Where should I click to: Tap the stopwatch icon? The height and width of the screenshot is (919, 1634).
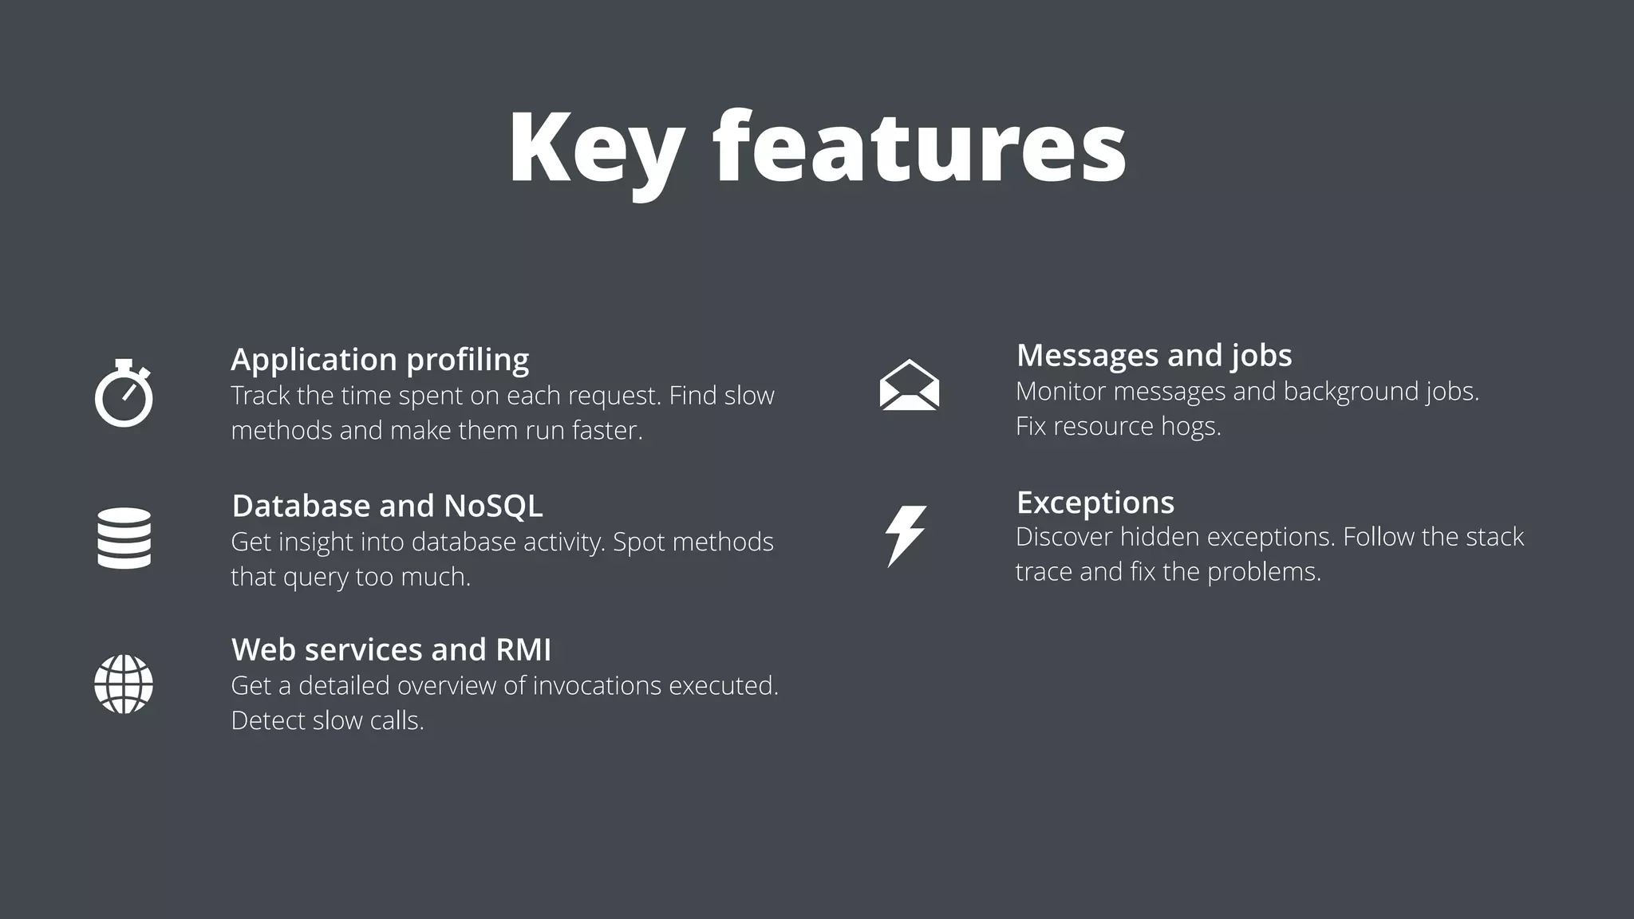point(124,394)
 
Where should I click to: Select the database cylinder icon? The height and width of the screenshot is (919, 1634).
point(124,538)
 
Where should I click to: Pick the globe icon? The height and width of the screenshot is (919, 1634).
point(124,684)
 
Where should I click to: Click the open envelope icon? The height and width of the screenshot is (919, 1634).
point(909,385)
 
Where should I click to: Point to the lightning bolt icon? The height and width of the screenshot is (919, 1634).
point(906,535)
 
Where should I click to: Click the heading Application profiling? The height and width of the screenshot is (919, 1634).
point(380,360)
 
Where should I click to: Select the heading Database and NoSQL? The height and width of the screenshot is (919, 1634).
point(387,506)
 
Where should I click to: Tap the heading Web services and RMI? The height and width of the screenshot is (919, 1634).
point(391,649)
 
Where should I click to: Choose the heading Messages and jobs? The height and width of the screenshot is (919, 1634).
point(1154,356)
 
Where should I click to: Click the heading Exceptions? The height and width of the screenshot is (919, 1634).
point(1095,503)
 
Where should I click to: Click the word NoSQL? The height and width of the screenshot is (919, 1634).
point(493,506)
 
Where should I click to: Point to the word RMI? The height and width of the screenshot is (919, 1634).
point(523,649)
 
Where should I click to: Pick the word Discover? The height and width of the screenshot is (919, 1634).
point(1064,537)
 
